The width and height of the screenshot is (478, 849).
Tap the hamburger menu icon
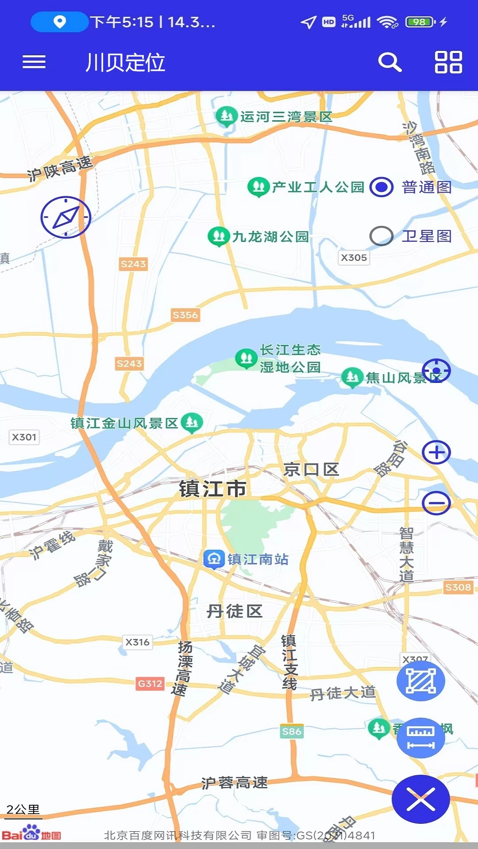pos(34,62)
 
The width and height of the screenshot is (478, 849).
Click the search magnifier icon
pos(389,62)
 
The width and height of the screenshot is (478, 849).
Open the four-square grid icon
pos(448,62)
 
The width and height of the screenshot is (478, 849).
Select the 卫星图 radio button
pos(382,236)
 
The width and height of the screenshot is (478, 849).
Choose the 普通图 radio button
pos(382,187)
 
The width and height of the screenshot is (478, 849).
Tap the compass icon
pos(66,217)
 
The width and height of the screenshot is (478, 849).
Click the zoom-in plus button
pos(436,452)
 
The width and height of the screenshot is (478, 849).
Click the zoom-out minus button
pos(436,503)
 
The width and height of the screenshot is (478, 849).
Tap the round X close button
pos(420,799)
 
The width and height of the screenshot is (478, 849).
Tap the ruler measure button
pos(420,738)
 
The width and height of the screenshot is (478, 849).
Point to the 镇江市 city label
pos(212,489)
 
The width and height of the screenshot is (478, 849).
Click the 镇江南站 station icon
pos(214,559)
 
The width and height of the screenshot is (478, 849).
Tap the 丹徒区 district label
pos(235,612)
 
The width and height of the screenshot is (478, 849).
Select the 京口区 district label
pos(311,470)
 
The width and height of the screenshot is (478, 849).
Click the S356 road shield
pos(185,315)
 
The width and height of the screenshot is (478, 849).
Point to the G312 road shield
pos(150,684)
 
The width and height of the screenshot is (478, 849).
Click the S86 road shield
pos(292,732)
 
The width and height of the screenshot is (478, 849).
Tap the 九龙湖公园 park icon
pos(219,236)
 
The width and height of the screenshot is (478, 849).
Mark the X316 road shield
pos(137,642)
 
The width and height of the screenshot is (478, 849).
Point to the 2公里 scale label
pos(23,810)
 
